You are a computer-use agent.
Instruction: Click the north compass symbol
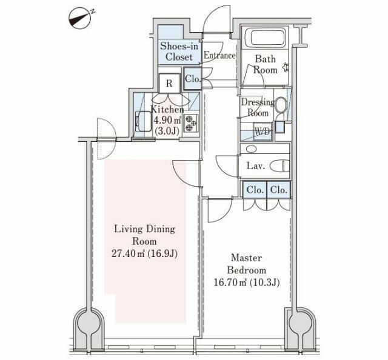tap(79, 19)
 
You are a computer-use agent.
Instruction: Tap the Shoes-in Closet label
tap(179, 52)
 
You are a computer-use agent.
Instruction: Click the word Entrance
tap(219, 55)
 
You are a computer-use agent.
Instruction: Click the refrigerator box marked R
tap(169, 84)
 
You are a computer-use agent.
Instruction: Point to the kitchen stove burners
tap(191, 123)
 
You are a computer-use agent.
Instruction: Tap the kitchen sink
tap(143, 121)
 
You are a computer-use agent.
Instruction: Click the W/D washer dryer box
tap(263, 132)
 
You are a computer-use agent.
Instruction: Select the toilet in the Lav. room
tap(279, 166)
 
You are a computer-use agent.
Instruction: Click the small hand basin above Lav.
tap(252, 149)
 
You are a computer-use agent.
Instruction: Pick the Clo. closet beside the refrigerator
tap(193, 79)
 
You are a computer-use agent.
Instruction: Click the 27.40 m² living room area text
tap(144, 253)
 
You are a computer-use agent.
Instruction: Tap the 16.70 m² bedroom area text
tap(247, 282)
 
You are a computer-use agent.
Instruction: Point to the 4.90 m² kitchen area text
tap(167, 121)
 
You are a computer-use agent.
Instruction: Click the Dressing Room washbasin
tap(281, 105)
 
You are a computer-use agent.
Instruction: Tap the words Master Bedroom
tap(247, 264)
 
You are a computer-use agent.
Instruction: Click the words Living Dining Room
tap(144, 235)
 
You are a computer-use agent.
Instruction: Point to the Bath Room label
tap(265, 64)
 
